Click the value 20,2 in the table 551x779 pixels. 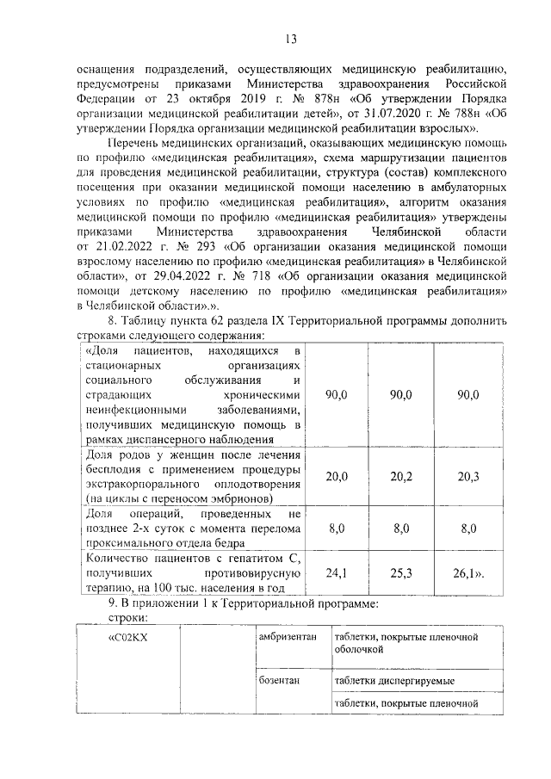click(401, 476)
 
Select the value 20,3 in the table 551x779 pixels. click(468, 476)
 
